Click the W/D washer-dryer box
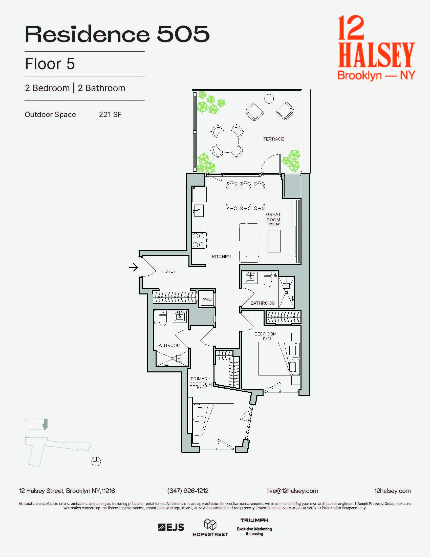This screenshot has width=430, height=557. click(x=207, y=299)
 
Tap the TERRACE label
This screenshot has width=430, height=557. click(x=273, y=139)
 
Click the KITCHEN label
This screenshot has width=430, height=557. click(x=221, y=257)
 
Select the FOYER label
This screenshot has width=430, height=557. click(x=169, y=271)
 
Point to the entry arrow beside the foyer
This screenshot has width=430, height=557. click(x=133, y=267)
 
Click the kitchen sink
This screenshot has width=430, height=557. click(x=199, y=211)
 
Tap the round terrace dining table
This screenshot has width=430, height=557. click(x=227, y=141)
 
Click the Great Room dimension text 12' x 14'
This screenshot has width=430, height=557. click(x=274, y=224)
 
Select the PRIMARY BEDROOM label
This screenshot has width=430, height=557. click(x=201, y=381)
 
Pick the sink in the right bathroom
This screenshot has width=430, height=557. click(x=251, y=277)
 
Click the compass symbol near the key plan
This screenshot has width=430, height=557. click(x=96, y=461)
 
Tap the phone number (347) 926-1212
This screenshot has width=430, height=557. click(x=188, y=491)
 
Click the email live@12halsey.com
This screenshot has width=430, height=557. click(x=292, y=491)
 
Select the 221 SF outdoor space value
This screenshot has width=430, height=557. click(x=110, y=114)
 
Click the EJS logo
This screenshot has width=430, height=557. click(x=171, y=527)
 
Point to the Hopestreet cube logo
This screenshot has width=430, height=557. click(x=210, y=524)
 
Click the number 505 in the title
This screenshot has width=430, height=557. click(x=183, y=34)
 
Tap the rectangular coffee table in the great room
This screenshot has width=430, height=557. click(x=274, y=241)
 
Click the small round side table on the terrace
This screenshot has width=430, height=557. click(x=269, y=99)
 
